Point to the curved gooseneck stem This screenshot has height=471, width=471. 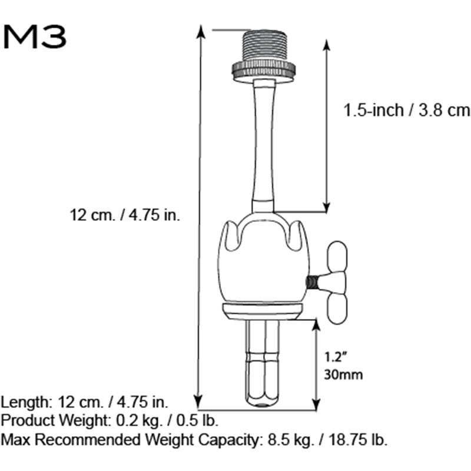(262, 147)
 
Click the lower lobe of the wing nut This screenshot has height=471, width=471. (339, 309)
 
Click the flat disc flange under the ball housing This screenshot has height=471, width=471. (263, 311)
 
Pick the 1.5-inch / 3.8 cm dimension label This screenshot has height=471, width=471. (407, 110)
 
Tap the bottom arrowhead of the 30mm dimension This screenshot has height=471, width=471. (317, 404)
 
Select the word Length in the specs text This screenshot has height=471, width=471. (26, 403)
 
